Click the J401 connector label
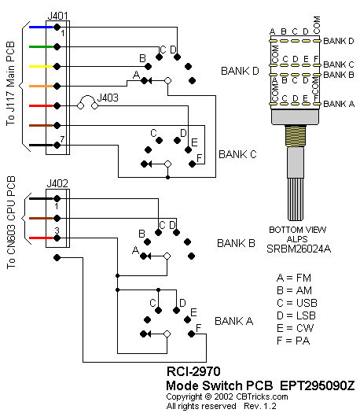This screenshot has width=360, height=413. pyautogui.click(x=57, y=16)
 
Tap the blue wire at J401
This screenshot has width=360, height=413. pyautogui.click(x=41, y=27)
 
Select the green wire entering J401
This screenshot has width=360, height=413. pyautogui.click(x=41, y=47)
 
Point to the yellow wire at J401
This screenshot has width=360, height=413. pyautogui.click(x=41, y=66)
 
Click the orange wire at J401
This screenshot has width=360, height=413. pyautogui.click(x=41, y=86)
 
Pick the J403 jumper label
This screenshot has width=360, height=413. pyautogui.click(x=108, y=98)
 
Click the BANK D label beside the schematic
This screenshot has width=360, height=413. pyautogui.click(x=240, y=71)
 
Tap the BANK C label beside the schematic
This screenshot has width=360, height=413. pyautogui.click(x=237, y=154)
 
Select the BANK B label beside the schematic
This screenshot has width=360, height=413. pyautogui.click(x=236, y=243)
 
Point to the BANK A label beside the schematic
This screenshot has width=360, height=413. pyautogui.click(x=234, y=321)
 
